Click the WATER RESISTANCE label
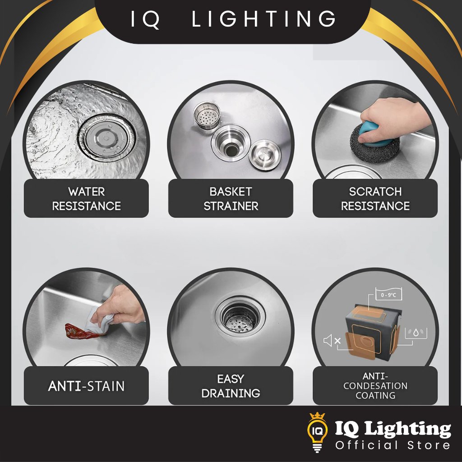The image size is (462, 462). [x=86, y=199]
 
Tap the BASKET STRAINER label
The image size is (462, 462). [x=231, y=199]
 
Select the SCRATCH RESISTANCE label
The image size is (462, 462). [x=375, y=199]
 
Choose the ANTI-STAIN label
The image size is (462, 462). [x=86, y=386]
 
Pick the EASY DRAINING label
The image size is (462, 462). [x=231, y=386]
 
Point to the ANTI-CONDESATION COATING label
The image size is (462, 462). [x=375, y=386]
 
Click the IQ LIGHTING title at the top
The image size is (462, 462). [x=233, y=19]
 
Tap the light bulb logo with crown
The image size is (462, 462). [x=317, y=432]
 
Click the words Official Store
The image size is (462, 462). [x=393, y=445]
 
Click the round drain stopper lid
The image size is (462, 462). [x=264, y=155]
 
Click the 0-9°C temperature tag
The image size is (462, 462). [x=388, y=294]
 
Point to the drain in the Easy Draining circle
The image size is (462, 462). [x=240, y=316]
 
